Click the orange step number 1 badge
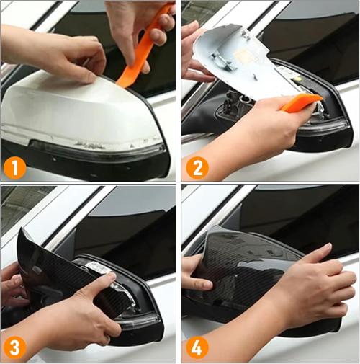15,167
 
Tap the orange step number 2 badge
197,167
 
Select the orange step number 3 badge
15,347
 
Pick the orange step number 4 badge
197,347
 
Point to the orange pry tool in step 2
301,102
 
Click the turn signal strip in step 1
96,149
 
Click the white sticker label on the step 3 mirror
99,267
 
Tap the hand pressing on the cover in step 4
310,288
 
